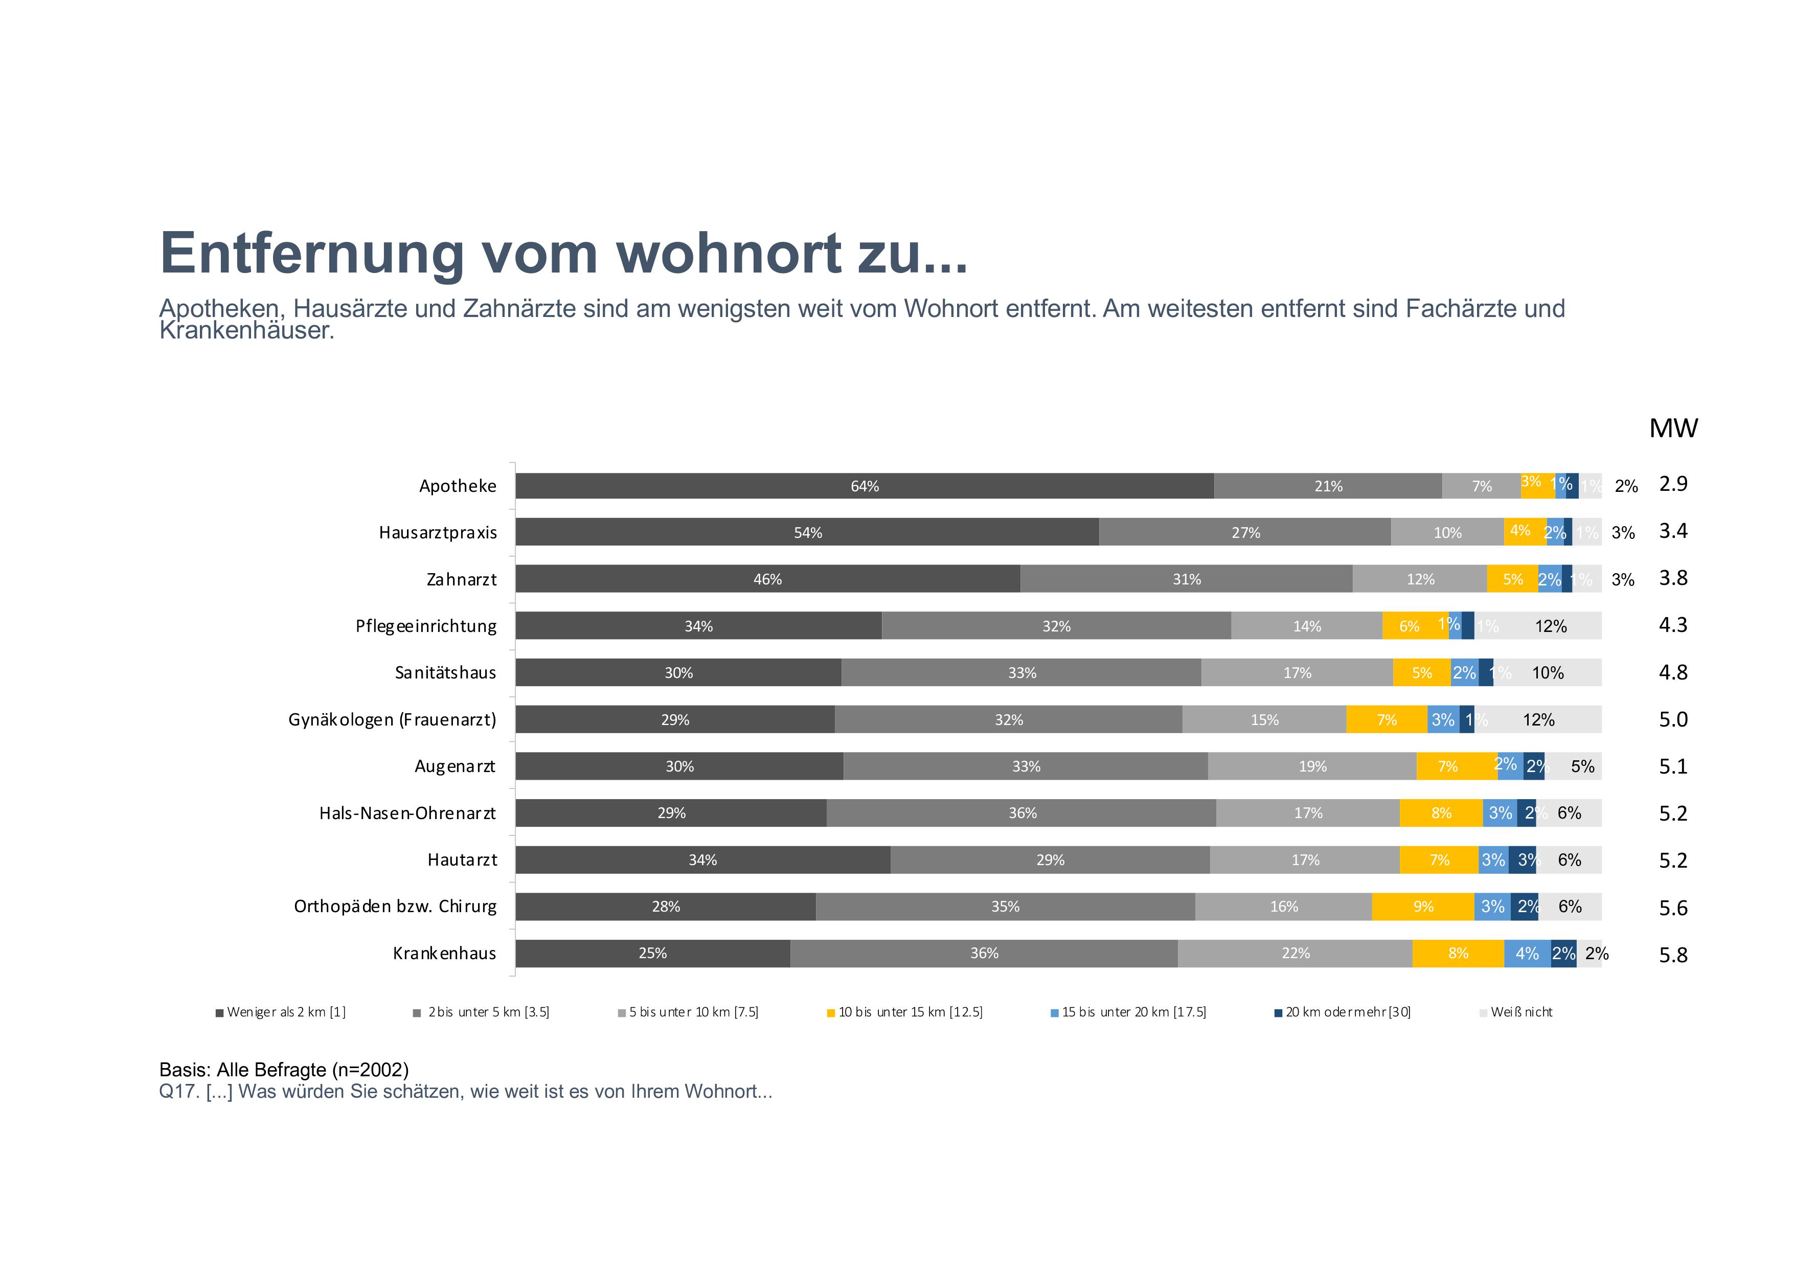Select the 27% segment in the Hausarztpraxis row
pyautogui.click(x=1245, y=532)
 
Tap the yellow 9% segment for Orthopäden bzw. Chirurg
pyautogui.click(x=1423, y=907)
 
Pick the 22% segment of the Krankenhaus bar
pyautogui.click(x=1295, y=953)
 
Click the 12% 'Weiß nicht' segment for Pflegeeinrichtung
pyautogui.click(x=1550, y=626)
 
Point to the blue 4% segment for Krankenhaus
pyautogui.click(x=1527, y=953)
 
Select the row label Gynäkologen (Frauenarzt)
pyautogui.click(x=392, y=719)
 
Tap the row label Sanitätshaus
pyautogui.click(x=445, y=673)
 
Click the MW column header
pyautogui.click(x=1673, y=428)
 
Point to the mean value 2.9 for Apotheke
pyautogui.click(x=1673, y=484)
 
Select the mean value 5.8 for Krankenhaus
pyautogui.click(x=1673, y=955)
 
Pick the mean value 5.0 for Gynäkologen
pyautogui.click(x=1673, y=719)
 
